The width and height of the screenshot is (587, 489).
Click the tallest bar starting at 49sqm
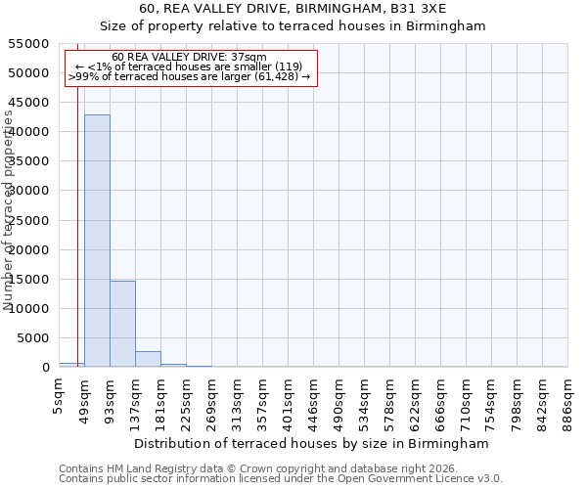click(x=97, y=241)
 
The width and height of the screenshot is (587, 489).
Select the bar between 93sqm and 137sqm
click(x=122, y=324)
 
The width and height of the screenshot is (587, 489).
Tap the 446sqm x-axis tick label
click(x=314, y=399)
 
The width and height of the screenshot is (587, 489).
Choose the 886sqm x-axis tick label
click(x=568, y=399)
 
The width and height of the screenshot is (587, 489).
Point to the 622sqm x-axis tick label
click(x=416, y=399)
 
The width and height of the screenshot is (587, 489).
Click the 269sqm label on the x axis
click(x=212, y=399)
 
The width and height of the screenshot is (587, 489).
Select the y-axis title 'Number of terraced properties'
click(x=9, y=210)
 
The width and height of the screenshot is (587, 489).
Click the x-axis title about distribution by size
click(x=312, y=443)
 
